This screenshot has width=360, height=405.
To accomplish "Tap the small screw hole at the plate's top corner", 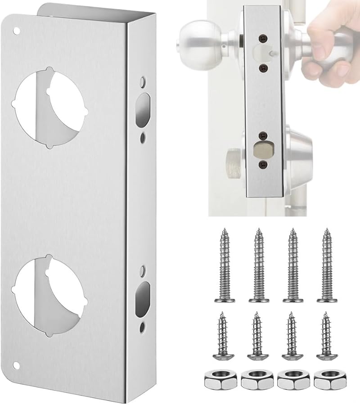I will click(x=17, y=31).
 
